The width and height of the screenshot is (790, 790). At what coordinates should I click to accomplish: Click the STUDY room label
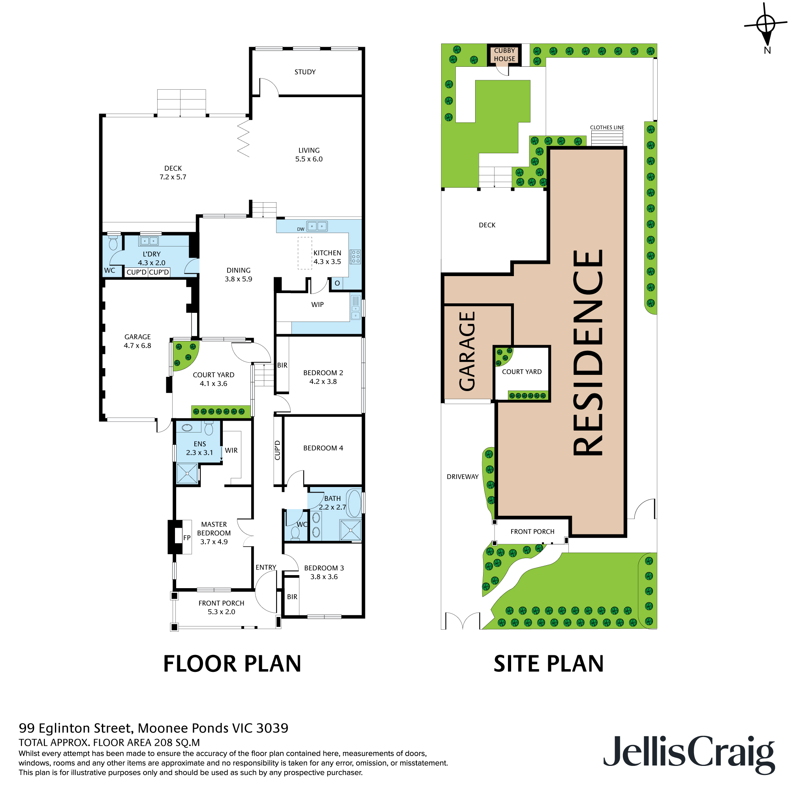tap(305, 72)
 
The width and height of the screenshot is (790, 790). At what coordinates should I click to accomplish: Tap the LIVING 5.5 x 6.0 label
tap(309, 154)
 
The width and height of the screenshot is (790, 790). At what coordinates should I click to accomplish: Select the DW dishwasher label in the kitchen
tap(301, 229)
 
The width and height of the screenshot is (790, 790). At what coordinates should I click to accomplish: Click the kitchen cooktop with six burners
tap(355, 256)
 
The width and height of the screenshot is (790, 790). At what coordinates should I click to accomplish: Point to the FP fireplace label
tap(187, 538)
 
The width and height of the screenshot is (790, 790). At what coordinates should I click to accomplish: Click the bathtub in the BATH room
tap(354, 503)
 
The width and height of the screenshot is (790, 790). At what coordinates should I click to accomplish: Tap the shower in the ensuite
tap(187, 474)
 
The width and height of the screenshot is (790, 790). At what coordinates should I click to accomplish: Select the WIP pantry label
tap(317, 305)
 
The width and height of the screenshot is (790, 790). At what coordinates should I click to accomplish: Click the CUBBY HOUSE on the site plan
tap(504, 55)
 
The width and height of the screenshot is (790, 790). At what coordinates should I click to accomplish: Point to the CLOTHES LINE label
tap(607, 128)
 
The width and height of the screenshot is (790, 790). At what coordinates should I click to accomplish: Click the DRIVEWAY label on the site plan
tap(462, 477)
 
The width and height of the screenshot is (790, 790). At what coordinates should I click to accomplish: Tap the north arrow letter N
tap(767, 50)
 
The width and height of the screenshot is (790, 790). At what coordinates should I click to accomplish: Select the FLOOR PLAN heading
tap(232, 663)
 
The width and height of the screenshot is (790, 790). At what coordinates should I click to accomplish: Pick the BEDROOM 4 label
tap(323, 448)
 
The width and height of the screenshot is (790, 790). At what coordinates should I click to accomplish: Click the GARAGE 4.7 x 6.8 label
tap(137, 341)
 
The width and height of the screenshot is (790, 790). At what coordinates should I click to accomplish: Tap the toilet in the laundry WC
tap(113, 243)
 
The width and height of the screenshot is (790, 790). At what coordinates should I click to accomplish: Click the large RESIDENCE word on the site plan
tap(588, 352)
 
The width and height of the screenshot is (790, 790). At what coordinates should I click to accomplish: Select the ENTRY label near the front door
tap(266, 567)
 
